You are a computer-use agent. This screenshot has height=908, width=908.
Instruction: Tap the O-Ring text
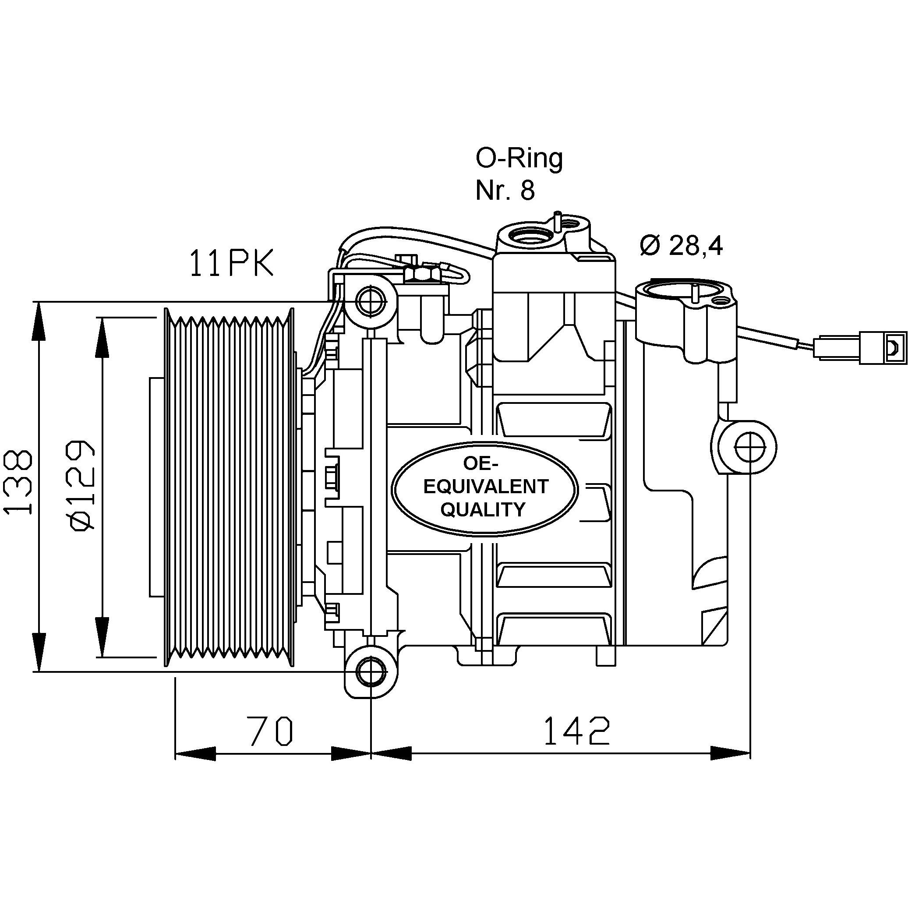click(519, 159)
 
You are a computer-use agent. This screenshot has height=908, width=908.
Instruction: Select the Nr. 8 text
click(505, 191)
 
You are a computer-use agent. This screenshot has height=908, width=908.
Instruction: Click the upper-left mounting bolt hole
click(371, 300)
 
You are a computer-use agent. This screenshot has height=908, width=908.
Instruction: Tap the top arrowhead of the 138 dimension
click(39, 320)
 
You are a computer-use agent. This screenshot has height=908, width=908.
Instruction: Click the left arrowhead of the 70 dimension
click(194, 753)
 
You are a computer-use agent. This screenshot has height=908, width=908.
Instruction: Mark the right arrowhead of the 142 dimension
click(730, 753)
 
